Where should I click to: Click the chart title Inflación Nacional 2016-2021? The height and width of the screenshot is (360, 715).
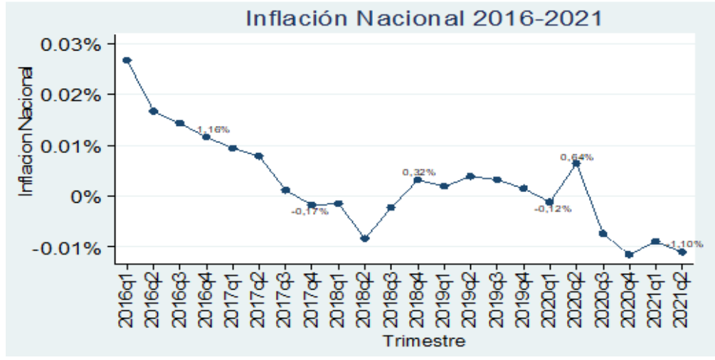point(423,18)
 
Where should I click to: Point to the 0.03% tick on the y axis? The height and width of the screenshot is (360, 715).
point(73,44)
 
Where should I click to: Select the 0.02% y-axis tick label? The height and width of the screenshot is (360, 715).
point(73,95)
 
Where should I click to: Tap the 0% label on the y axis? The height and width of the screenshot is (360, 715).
point(85,196)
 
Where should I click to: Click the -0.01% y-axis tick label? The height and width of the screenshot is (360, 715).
point(70,248)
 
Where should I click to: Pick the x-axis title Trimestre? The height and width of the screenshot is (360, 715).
point(425,341)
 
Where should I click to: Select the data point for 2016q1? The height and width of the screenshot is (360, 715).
point(127,60)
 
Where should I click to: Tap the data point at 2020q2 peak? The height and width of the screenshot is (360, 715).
point(576,164)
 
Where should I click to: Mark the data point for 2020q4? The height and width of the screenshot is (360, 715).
point(629,254)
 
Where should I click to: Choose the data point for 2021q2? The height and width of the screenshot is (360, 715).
point(682,252)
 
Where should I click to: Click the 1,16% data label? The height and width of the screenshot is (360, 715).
point(213,129)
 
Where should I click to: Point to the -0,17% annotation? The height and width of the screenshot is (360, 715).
point(309,211)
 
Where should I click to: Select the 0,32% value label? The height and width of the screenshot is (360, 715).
point(419,172)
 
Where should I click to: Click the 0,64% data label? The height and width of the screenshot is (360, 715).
point(576,157)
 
